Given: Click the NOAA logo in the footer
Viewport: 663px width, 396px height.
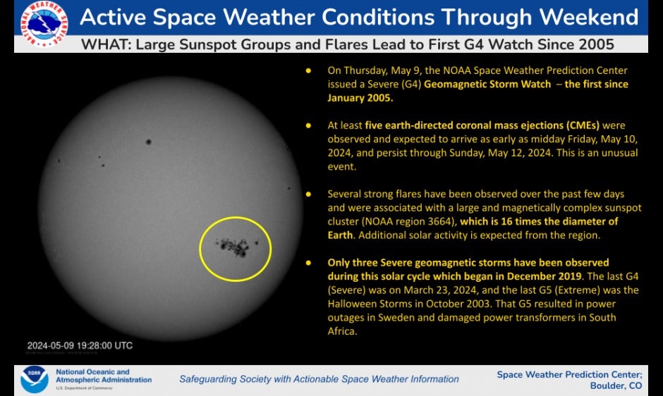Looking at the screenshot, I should [34, 378].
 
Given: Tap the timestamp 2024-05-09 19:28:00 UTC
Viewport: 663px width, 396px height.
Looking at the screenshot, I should [80, 345].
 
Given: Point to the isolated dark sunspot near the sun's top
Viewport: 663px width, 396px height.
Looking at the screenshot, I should [148, 142].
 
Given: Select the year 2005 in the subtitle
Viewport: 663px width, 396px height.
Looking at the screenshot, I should [596, 44].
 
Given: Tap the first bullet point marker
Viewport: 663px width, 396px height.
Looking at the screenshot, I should [308, 71].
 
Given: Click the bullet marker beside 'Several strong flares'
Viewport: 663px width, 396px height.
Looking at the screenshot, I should [308, 194].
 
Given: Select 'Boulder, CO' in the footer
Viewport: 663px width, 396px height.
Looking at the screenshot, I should [616, 385].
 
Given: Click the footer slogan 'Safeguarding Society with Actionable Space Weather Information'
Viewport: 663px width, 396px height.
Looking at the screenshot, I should [319, 379].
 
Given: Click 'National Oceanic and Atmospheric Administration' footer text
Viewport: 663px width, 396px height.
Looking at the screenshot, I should [103, 376].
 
